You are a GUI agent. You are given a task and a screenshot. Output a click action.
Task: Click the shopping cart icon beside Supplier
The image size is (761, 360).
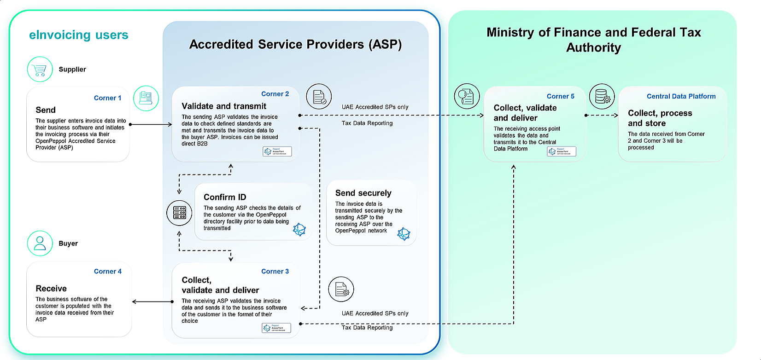point(40,70)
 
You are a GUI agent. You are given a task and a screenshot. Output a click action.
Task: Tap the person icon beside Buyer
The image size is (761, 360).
point(40,243)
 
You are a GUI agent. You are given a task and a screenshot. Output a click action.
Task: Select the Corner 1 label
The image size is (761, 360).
point(107,98)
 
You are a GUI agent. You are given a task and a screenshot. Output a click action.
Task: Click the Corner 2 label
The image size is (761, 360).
point(275,94)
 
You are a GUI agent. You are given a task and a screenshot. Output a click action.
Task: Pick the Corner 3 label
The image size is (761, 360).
point(275,272)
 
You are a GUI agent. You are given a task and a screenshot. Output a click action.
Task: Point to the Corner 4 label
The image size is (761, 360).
point(108,272)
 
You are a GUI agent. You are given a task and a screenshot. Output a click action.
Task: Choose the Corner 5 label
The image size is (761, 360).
point(560,96)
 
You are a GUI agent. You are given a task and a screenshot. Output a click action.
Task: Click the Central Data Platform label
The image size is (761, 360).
point(681,96)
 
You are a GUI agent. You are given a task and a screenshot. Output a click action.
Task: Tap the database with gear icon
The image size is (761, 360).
point(602,97)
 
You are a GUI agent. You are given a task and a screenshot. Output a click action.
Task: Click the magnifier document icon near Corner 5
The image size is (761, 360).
point(467,97)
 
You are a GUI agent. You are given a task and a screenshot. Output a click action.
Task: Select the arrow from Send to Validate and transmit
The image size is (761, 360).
point(151,124)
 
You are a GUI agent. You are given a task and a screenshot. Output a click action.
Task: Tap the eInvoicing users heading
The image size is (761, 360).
point(78,35)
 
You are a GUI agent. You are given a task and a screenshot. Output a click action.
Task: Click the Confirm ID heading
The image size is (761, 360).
point(225,197)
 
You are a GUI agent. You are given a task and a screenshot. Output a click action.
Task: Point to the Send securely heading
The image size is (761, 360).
point(363,193)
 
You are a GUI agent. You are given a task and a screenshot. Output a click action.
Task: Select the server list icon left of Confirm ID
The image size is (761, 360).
point(179,213)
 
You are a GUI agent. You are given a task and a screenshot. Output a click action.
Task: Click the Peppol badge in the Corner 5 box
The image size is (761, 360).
point(561,151)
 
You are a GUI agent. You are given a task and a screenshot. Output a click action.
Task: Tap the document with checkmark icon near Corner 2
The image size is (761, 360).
point(319,97)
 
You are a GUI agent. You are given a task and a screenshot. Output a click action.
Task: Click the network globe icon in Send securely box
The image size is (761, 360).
point(404,234)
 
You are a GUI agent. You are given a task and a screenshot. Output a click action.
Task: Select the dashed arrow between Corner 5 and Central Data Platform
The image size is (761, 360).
point(602,115)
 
